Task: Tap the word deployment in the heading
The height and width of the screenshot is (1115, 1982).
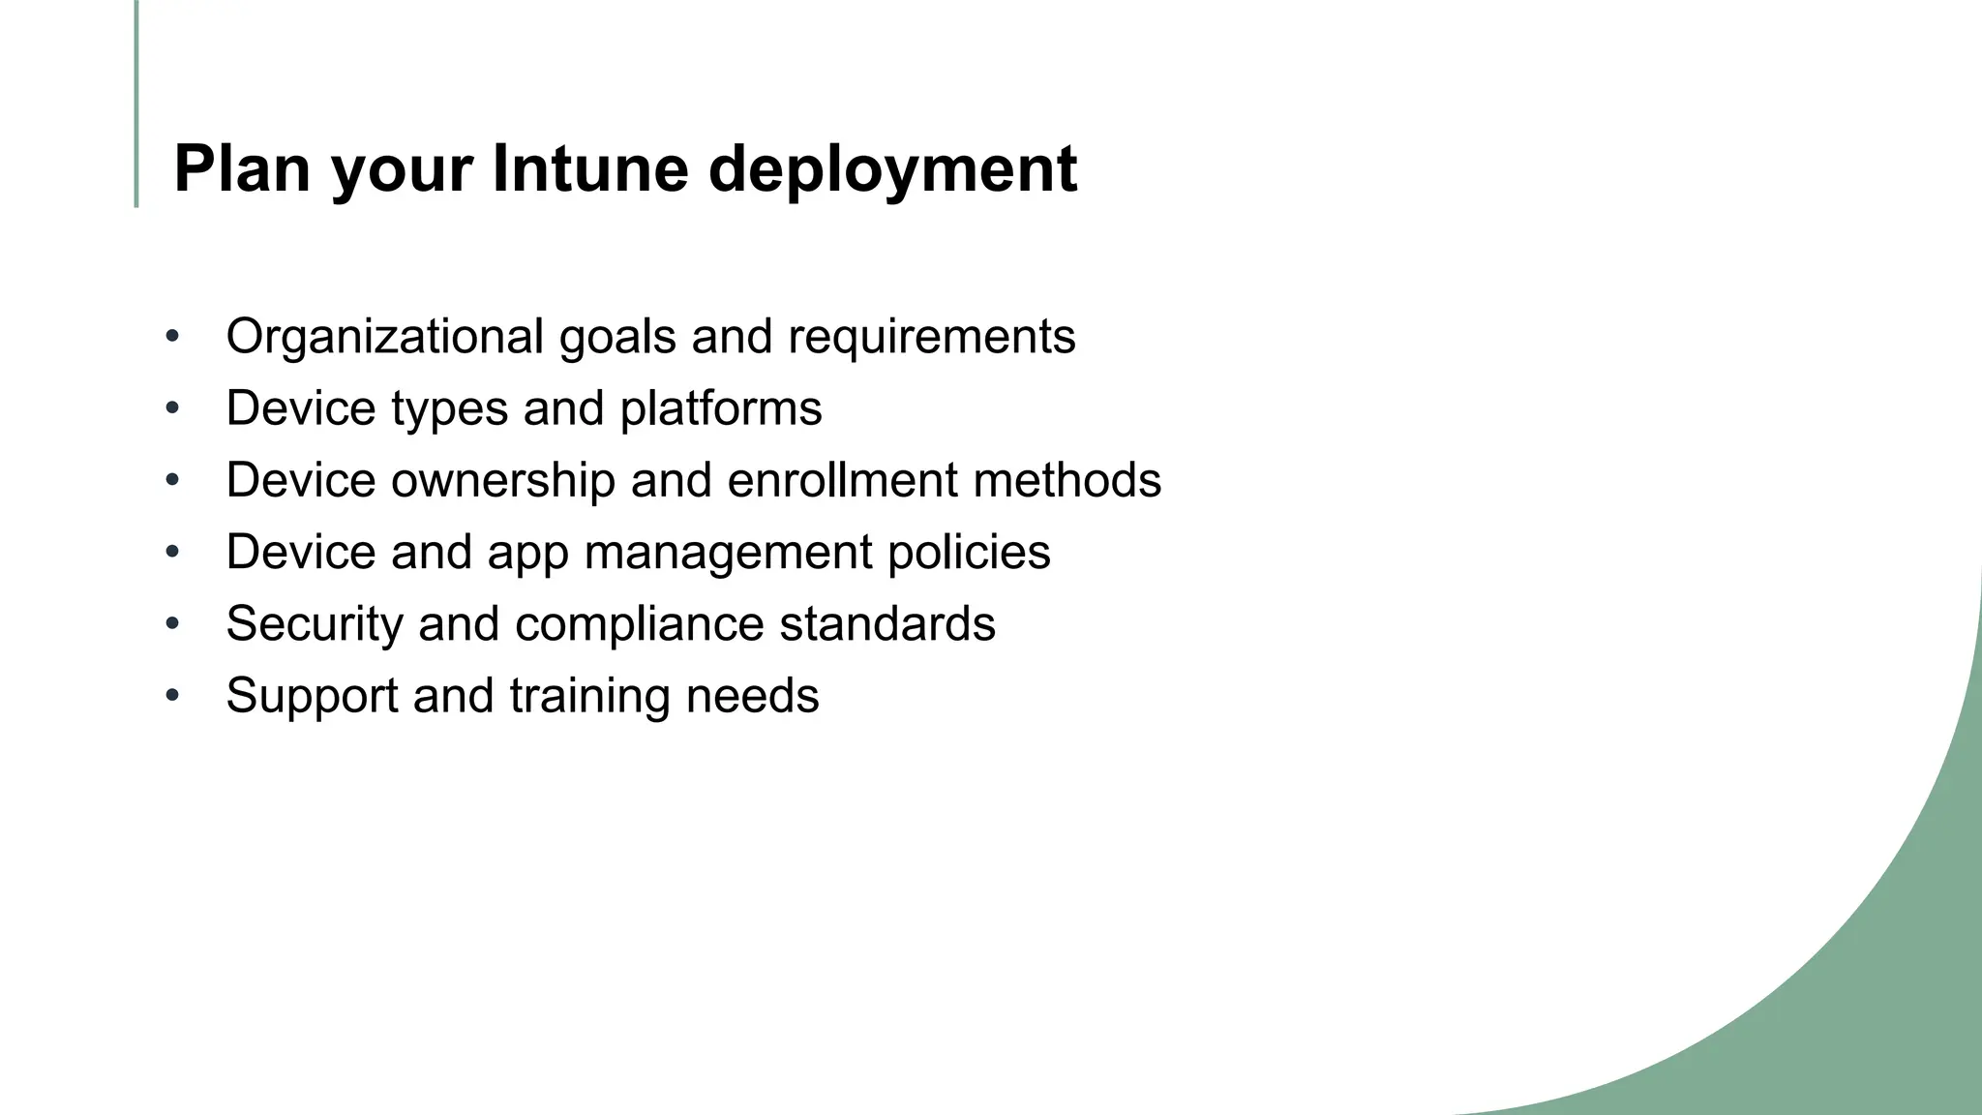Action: (892, 169)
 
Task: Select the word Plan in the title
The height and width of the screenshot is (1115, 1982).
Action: (242, 169)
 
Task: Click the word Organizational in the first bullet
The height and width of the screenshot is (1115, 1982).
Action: (384, 337)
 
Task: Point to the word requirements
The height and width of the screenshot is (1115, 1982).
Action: (931, 337)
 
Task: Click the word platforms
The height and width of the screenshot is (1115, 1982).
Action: (721, 408)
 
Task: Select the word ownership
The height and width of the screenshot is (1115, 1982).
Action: (502, 480)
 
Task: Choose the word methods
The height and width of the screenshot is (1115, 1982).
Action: (1066, 480)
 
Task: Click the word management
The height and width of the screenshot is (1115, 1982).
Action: (728, 553)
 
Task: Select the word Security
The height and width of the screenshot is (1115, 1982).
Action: (314, 624)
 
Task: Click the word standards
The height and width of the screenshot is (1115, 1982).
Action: (887, 624)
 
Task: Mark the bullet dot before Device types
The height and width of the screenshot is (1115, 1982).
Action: (172, 408)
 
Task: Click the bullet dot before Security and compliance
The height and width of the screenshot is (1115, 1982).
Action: (172, 624)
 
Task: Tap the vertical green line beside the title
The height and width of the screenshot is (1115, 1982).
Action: (136, 104)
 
